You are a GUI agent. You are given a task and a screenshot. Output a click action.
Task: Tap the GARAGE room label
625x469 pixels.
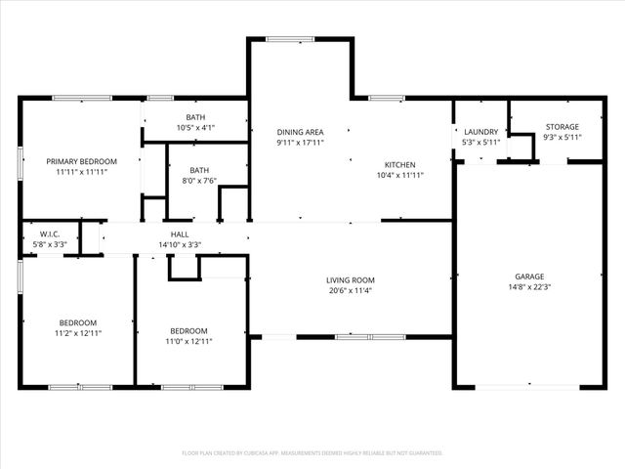click(529, 277)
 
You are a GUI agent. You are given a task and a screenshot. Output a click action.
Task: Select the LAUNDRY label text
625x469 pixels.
click(480, 132)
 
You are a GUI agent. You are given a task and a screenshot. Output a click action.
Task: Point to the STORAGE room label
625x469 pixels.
click(562, 127)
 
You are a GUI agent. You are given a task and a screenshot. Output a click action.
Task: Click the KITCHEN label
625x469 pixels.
click(400, 165)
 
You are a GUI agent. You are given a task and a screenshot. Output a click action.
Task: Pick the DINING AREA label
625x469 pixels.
click(300, 132)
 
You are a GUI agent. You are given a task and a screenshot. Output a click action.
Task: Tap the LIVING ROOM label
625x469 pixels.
click(351, 279)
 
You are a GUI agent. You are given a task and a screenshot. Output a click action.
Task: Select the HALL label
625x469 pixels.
click(180, 234)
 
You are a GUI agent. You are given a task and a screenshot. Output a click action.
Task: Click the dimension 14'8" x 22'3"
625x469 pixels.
click(529, 287)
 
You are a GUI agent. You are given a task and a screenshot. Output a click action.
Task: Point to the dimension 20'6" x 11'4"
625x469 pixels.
click(351, 290)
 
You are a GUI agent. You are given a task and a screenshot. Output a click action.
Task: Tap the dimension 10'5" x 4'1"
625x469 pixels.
click(195, 128)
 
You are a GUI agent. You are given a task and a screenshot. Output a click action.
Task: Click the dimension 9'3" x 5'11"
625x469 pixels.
click(562, 138)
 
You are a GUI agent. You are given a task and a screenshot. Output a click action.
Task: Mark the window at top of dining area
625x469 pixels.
click(290, 39)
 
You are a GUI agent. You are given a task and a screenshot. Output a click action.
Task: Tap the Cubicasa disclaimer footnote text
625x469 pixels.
click(312, 453)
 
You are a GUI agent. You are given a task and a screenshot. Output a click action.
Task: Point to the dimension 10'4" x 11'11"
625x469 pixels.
click(400, 176)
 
